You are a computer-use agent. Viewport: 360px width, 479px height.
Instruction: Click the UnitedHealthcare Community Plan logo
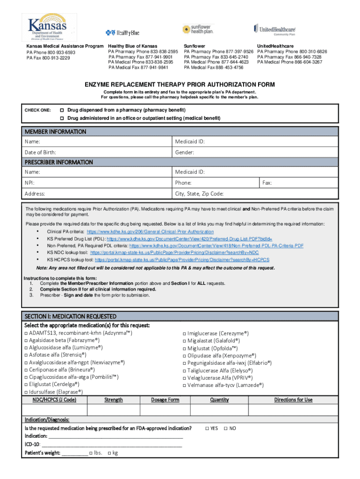point(275,29)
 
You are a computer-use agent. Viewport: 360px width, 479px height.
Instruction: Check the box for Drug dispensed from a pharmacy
point(61,109)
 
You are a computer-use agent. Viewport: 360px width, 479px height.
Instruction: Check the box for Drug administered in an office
point(61,118)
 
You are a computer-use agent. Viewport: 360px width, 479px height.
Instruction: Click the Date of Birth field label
point(41,152)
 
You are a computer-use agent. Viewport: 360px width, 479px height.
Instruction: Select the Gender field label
point(185,152)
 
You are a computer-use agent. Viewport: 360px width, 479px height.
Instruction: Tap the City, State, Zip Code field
point(252,194)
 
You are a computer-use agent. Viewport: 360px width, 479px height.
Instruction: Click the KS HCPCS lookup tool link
point(182,260)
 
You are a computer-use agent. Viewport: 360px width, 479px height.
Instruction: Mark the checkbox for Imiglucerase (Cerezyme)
point(184,334)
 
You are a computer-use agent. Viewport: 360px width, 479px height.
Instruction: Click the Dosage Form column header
point(165,400)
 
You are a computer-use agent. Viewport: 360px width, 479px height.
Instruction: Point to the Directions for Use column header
point(293,400)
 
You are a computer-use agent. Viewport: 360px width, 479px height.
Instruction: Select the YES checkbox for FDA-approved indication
point(207,428)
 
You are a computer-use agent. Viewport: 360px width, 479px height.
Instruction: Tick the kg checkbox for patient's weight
point(109,453)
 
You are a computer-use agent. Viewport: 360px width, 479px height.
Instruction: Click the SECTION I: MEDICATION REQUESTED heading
point(71,316)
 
